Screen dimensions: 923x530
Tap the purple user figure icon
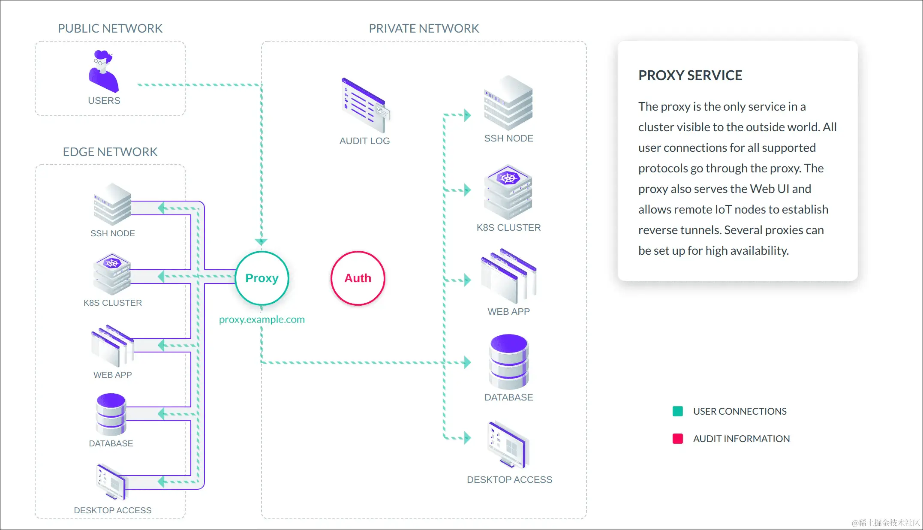click(x=103, y=71)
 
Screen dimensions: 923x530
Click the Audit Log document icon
click(x=366, y=105)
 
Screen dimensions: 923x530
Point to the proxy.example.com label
click(x=262, y=319)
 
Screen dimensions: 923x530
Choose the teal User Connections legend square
click(x=678, y=411)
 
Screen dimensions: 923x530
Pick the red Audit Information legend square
click(x=678, y=439)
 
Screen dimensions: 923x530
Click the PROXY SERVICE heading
click(x=690, y=75)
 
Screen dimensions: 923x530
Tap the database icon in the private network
click(x=509, y=362)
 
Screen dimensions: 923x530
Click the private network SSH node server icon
click(x=508, y=103)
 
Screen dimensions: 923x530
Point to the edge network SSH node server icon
click(x=112, y=205)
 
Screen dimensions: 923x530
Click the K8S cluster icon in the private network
click(x=508, y=192)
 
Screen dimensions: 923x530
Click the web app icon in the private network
click(x=509, y=276)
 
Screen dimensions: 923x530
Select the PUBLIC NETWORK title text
click(x=110, y=28)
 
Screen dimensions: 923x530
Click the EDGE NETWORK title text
click(x=110, y=152)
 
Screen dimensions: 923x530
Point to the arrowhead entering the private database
click(x=467, y=362)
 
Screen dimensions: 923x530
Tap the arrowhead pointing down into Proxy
click(x=261, y=242)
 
